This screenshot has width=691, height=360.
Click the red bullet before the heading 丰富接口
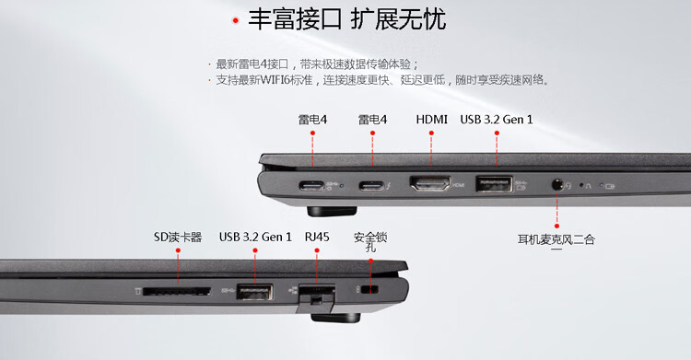[236, 20]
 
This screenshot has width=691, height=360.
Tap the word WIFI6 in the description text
[275, 80]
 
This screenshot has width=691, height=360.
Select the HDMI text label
[431, 120]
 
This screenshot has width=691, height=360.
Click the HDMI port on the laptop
[430, 183]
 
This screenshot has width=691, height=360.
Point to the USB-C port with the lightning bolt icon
[371, 186]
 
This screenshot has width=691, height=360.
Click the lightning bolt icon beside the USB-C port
[388, 186]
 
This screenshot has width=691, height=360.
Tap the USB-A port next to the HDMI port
[494, 184]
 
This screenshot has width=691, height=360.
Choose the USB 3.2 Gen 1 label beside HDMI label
[497, 120]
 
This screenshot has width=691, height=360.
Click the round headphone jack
[557, 185]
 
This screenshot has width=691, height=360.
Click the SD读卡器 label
[178, 237]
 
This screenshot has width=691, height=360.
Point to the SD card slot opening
[177, 291]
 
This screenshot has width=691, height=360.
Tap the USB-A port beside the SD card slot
[254, 292]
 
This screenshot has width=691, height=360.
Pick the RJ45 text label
[317, 237]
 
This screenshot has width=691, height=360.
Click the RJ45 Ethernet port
[317, 294]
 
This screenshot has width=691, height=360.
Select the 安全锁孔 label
[370, 242]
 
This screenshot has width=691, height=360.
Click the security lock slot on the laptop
[369, 289]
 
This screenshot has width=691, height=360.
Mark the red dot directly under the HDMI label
[431, 133]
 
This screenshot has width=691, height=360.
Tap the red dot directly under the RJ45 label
[316, 250]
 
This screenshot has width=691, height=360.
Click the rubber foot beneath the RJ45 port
[335, 318]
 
